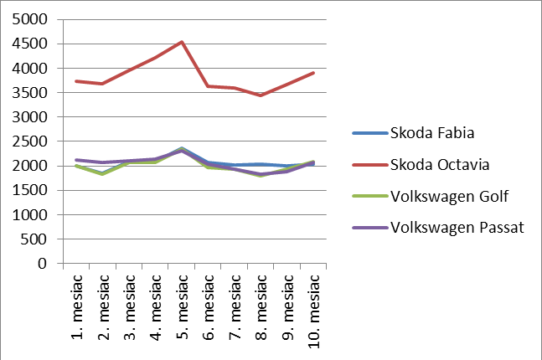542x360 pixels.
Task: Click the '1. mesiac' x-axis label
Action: (76, 306)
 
